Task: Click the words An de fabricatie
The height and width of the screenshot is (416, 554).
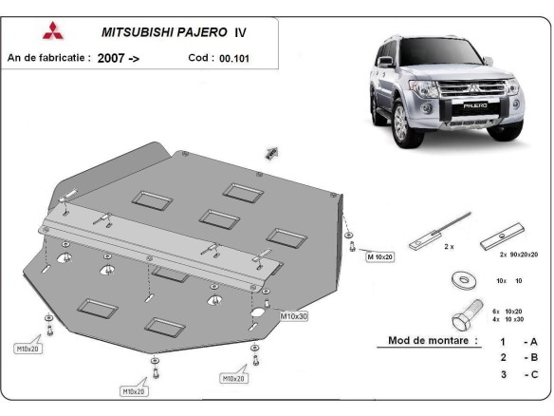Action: coord(48,58)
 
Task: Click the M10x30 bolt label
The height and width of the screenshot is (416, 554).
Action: coord(292,315)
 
